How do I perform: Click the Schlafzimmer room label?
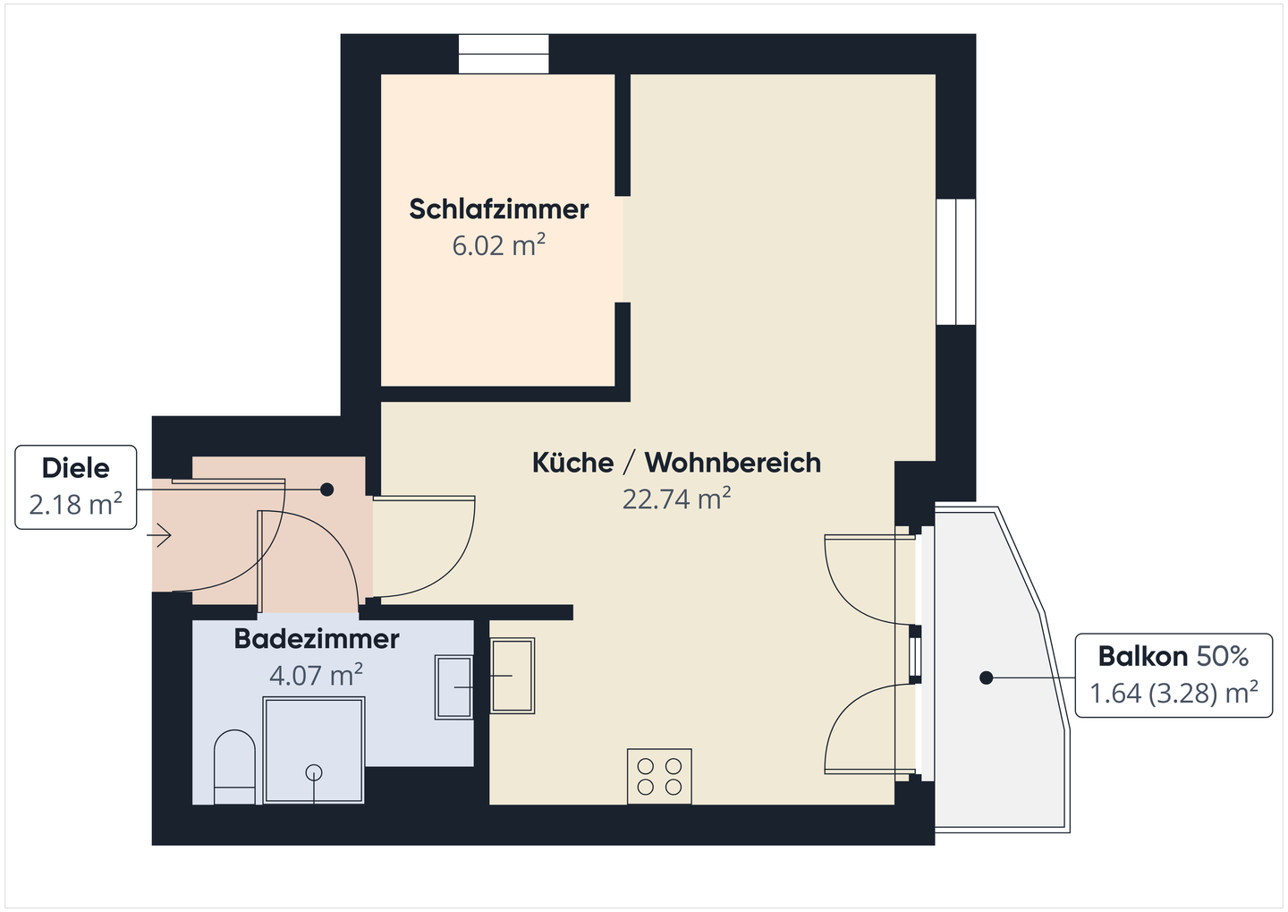tap(498, 209)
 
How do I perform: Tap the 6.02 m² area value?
tap(498, 245)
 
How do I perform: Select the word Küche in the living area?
tap(572, 463)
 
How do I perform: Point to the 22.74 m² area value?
tap(676, 499)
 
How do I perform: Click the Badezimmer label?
tap(316, 639)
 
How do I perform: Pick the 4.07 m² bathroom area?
tap(316, 675)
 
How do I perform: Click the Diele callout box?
tap(76, 487)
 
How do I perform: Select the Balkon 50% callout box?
tap(1173, 675)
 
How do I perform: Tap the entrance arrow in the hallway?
tap(160, 536)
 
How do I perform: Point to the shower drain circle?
tap(314, 772)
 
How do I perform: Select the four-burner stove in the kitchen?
tap(659, 776)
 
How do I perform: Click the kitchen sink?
tap(513, 676)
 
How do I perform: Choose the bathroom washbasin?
tap(453, 686)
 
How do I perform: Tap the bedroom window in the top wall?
tap(504, 54)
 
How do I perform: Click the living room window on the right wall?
tap(955, 261)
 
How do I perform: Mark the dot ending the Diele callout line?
tap(327, 490)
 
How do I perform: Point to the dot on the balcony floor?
tap(986, 678)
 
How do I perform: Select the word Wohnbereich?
tap(733, 463)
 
